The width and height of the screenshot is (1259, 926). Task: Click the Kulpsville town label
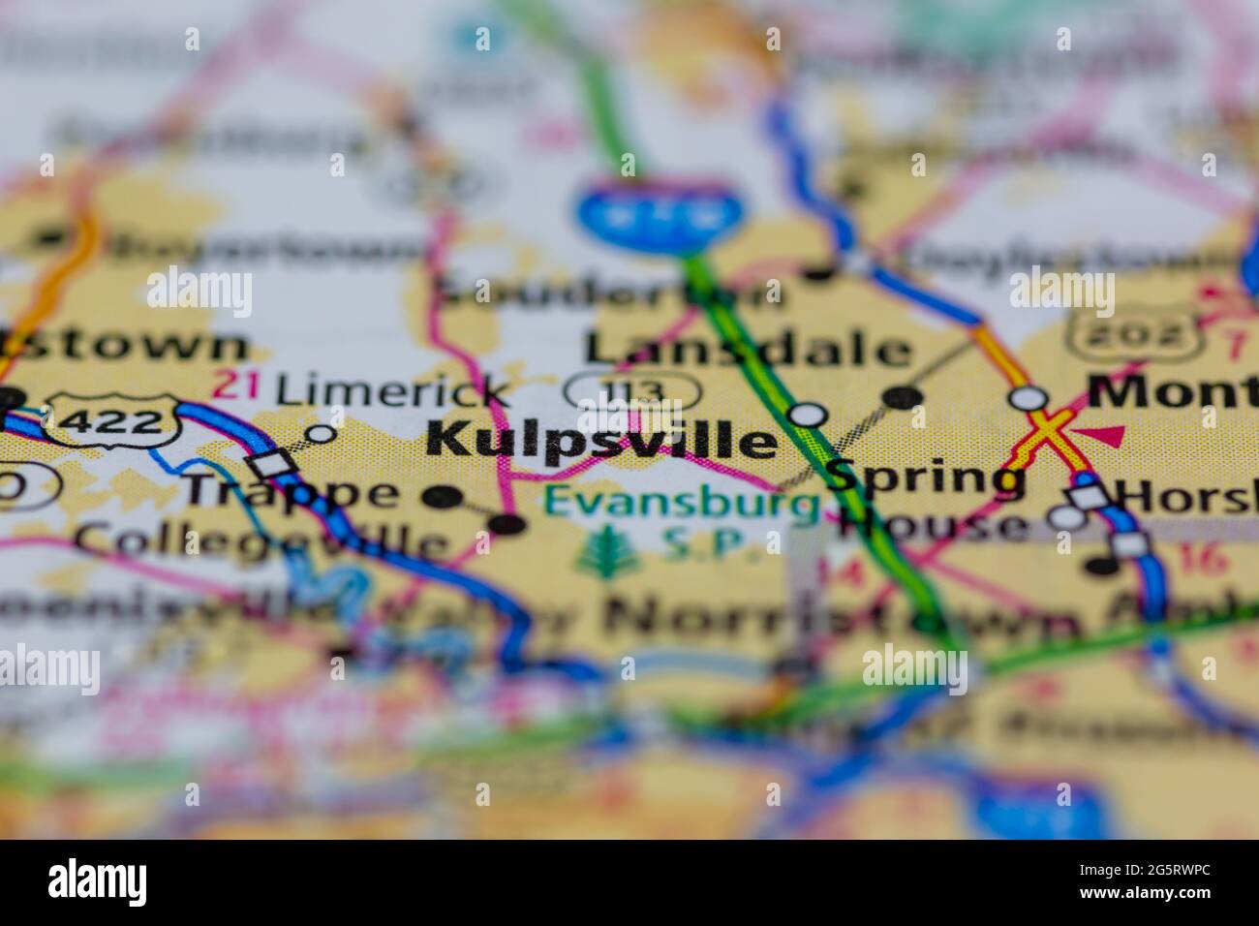(x=600, y=441)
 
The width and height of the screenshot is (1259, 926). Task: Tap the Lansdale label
(x=748, y=349)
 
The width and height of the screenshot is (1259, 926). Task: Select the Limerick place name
(x=392, y=390)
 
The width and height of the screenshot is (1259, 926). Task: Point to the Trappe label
(x=291, y=492)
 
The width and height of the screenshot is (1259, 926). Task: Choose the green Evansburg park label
(x=680, y=504)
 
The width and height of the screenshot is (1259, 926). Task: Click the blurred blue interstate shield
(x=663, y=211)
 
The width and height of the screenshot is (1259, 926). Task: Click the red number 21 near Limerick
(x=236, y=385)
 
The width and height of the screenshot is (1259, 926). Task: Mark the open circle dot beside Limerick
(x=321, y=433)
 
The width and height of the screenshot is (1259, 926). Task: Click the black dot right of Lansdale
(x=903, y=395)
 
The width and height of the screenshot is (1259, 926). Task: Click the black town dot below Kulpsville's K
(x=442, y=497)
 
